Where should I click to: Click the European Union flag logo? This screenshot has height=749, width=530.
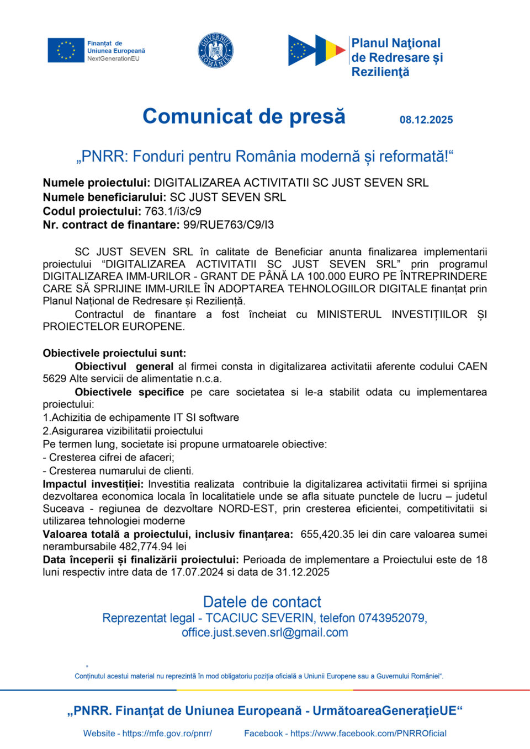tap(66, 50)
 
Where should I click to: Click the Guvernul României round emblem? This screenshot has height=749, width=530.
tap(215, 50)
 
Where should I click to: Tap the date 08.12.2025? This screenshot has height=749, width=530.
tap(426, 120)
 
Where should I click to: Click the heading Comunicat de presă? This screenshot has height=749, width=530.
tap(243, 116)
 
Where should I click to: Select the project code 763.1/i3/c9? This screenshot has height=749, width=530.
tap(173, 211)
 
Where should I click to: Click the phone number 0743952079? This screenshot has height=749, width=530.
tap(392, 618)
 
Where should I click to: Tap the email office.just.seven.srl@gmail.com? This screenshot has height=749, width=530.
tap(265, 632)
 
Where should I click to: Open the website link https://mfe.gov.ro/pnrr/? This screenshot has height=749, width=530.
tap(167, 733)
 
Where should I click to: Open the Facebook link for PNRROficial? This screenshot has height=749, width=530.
tap(368, 733)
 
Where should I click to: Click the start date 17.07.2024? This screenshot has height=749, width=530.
tap(197, 572)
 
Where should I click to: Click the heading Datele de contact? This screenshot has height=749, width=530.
tap(262, 602)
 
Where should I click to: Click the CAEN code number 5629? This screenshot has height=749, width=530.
tap(55, 378)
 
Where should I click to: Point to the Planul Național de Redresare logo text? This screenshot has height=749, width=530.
tap(397, 57)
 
